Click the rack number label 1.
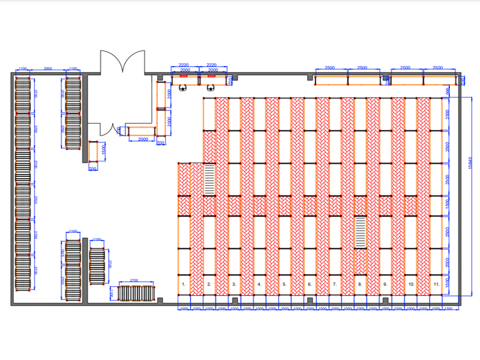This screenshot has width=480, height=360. pyautogui.click(x=184, y=282)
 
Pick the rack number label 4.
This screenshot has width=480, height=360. pyautogui.click(x=259, y=283)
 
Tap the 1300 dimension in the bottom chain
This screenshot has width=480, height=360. pyautogui.click(x=449, y=309)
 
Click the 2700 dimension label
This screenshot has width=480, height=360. pyautogui.click(x=134, y=280)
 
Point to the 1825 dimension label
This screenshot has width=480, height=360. pyautogui.click(x=62, y=254)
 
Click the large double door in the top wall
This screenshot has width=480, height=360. pyautogui.click(x=123, y=62)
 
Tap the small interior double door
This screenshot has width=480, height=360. pyautogui.click(x=106, y=128)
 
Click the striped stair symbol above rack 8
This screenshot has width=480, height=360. pyautogui.click(x=360, y=232)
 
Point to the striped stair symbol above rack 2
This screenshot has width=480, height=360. pyautogui.click(x=209, y=178)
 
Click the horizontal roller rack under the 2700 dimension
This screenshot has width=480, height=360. pyautogui.click(x=137, y=293)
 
